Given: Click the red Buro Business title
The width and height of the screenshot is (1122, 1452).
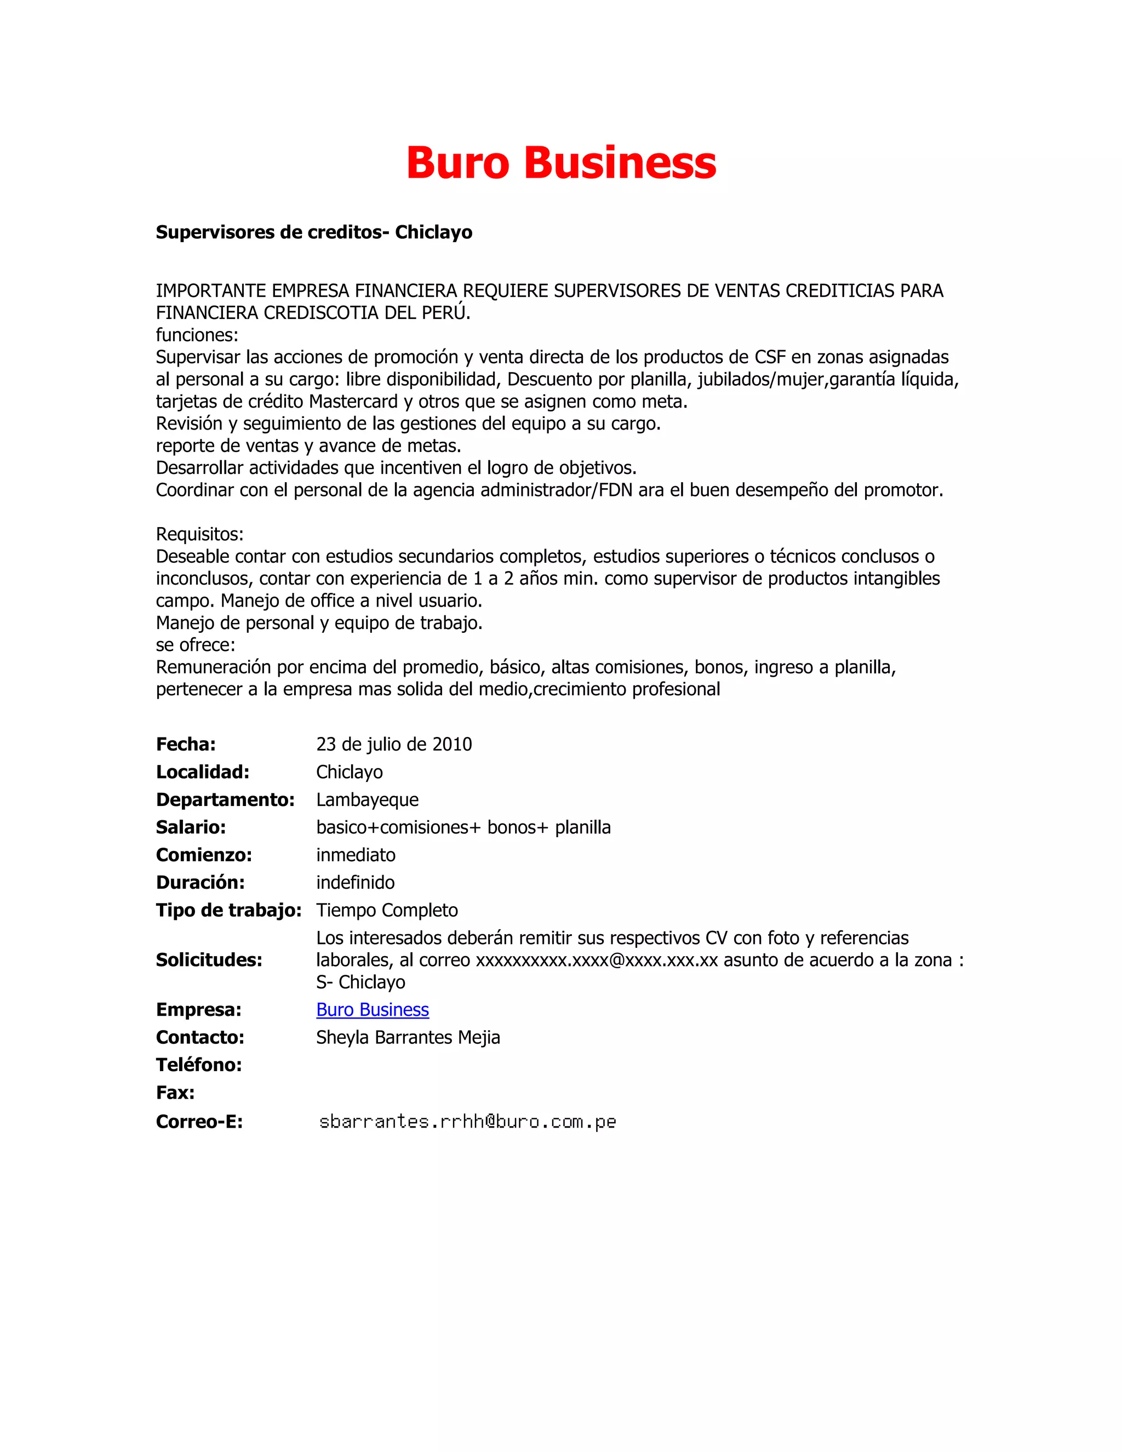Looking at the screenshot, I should pyautogui.click(x=561, y=163).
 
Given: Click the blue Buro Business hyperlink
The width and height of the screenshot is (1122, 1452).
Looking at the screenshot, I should pyautogui.click(x=372, y=1009).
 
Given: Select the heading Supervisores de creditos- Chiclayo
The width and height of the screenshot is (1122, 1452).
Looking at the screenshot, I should pyautogui.click(x=314, y=232).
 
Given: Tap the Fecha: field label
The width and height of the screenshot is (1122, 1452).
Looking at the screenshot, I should pyautogui.click(x=186, y=744).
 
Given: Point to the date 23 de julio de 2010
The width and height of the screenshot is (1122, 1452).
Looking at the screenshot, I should pyautogui.click(x=393, y=744).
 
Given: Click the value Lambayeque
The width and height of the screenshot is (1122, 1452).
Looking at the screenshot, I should pyautogui.click(x=367, y=800).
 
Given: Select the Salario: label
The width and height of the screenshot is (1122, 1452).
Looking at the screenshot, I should pyautogui.click(x=191, y=827).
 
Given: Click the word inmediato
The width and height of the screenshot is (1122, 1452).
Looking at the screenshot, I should pyautogui.click(x=356, y=855).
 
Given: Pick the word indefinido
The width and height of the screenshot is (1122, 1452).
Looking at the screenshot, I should pyautogui.click(x=355, y=882).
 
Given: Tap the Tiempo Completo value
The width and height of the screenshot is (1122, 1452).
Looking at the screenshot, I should pyautogui.click(x=387, y=910).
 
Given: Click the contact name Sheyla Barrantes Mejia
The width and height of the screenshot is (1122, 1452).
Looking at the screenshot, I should pyautogui.click(x=408, y=1037).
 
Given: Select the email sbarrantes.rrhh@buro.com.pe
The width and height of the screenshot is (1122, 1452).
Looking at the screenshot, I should pyautogui.click(x=467, y=1122).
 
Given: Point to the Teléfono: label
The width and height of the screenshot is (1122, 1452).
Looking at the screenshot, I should pyautogui.click(x=199, y=1065).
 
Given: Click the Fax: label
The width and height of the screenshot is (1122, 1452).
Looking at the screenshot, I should pyautogui.click(x=175, y=1093).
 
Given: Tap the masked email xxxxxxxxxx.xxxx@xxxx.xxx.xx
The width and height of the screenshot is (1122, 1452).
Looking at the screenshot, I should pyautogui.click(x=596, y=960).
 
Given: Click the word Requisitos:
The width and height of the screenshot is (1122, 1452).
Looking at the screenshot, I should pyautogui.click(x=199, y=534).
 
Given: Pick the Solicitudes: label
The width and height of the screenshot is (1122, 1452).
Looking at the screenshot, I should pyautogui.click(x=209, y=960).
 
